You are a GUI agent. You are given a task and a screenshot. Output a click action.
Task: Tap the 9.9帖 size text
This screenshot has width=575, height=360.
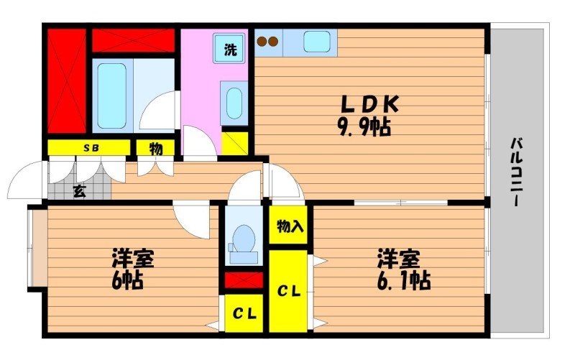pyautogui.click(x=364, y=129)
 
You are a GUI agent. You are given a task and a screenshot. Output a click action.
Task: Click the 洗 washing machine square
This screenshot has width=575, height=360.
pyautogui.click(x=229, y=50)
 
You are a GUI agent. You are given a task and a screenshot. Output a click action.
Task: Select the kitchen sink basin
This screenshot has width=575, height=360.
pyautogui.click(x=316, y=42)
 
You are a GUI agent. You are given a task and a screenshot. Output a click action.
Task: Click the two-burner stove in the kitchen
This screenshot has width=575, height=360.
pyautogui.click(x=268, y=42)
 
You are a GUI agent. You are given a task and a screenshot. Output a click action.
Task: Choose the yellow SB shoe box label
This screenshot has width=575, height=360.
pyautogui.click(x=90, y=148)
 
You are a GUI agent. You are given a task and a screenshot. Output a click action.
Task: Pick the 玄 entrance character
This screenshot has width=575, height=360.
pyautogui.click(x=80, y=191)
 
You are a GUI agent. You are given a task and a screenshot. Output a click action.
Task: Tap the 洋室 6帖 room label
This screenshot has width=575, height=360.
pyautogui.click(x=132, y=268)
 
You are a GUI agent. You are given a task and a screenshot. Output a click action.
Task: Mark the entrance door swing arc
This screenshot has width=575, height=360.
pyautogui.click(x=27, y=180)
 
